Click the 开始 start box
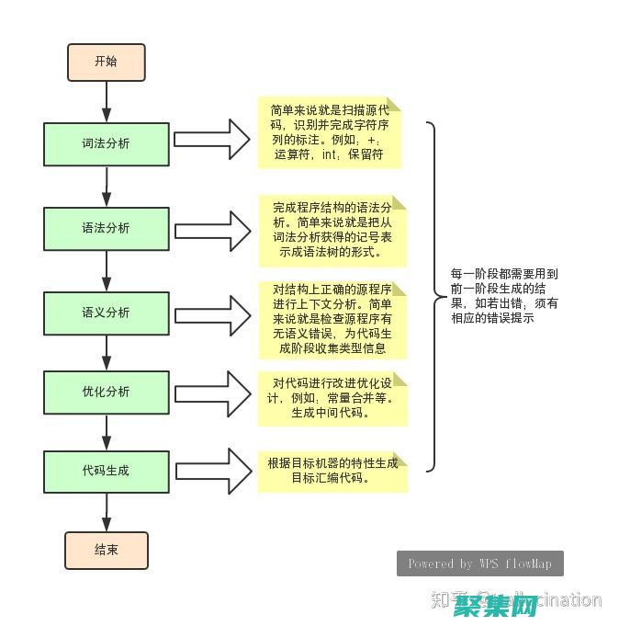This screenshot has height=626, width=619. click(x=106, y=62)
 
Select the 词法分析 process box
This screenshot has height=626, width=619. click(x=107, y=143)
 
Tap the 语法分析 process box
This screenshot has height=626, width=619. click(x=107, y=228)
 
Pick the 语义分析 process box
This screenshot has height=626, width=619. click(x=107, y=313)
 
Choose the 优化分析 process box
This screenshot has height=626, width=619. click(x=107, y=392)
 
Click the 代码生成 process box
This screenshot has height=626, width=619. click(x=107, y=471)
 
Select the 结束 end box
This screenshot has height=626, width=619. click(x=106, y=550)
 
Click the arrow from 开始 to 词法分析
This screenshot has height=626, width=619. click(x=107, y=100)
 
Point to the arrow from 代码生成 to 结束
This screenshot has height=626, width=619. click(x=107, y=511)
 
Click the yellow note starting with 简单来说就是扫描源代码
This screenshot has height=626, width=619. click(x=330, y=132)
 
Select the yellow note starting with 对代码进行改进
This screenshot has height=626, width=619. click(x=332, y=398)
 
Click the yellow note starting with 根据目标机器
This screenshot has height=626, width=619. click(x=332, y=470)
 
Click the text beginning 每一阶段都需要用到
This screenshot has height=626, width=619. click(x=504, y=296)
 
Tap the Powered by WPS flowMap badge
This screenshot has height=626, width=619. click(x=479, y=563)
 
